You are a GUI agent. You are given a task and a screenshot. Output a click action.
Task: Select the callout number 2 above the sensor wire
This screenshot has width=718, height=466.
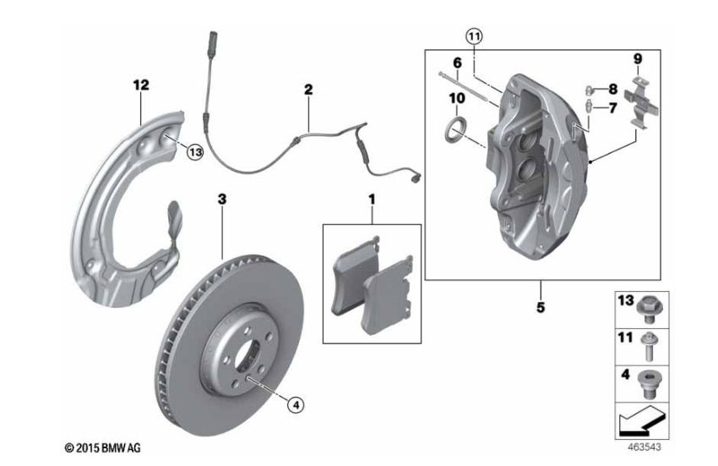[x=307, y=88]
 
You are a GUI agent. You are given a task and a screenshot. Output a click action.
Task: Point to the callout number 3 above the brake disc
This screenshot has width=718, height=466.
[x=222, y=199]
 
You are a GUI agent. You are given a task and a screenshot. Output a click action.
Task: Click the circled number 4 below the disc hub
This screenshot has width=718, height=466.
[x=295, y=405]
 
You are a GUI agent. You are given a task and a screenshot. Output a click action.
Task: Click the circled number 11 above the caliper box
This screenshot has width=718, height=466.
[x=474, y=36]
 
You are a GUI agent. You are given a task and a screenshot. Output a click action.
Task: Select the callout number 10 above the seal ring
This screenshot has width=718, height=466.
[x=457, y=98]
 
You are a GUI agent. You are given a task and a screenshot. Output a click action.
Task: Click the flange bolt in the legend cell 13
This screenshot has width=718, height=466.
[x=650, y=307]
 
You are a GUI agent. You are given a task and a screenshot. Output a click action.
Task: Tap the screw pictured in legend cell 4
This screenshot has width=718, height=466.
[x=650, y=384]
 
